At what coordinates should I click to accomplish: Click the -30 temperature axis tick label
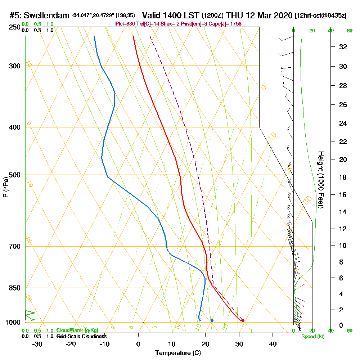pyautogui.click(x=37, y=344)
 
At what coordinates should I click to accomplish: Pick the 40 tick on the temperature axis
pyautogui.click(x=273, y=344)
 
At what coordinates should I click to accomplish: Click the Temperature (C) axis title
pyautogui.click(x=178, y=353)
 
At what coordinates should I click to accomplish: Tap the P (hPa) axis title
pyautogui.click(x=5, y=186)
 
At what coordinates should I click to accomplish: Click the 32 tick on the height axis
pyautogui.click(x=343, y=47)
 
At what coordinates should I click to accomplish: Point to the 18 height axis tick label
pyautogui.click(x=343, y=177)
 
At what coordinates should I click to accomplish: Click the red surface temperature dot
pyautogui.click(x=243, y=320)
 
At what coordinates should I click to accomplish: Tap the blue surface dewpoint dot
pyautogui.click(x=212, y=320)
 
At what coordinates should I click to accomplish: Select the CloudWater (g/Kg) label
pyautogui.click(x=77, y=330)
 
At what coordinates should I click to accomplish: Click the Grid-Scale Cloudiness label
pyautogui.click(x=81, y=336)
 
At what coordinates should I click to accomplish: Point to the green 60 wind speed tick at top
pyautogui.click(x=349, y=31)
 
